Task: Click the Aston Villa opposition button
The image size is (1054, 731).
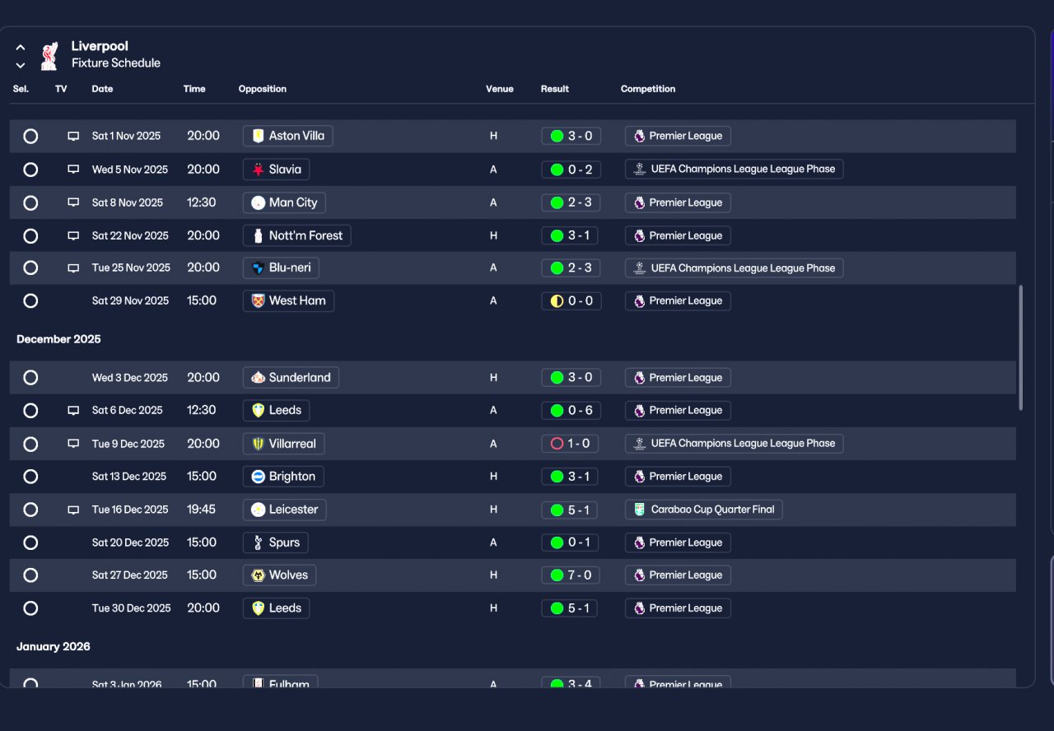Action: (287, 136)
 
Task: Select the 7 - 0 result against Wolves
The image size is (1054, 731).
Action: (571, 575)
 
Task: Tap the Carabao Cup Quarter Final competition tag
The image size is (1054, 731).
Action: (703, 510)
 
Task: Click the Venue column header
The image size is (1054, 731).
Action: (499, 89)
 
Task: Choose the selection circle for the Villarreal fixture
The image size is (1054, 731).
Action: (30, 444)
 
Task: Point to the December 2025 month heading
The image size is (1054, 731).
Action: (58, 339)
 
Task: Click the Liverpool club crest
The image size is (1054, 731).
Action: (49, 56)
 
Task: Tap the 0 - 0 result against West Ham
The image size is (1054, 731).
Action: (571, 301)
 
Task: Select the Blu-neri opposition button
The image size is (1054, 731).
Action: (281, 268)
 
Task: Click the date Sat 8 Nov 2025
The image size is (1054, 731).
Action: (127, 203)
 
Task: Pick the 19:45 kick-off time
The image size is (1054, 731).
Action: (201, 510)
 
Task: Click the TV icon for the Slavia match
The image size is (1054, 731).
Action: (73, 170)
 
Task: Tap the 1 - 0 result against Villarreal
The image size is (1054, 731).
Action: (570, 444)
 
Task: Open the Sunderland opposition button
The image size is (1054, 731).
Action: (291, 377)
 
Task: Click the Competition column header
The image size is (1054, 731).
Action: (647, 89)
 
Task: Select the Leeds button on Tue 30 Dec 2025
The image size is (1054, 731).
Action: (276, 608)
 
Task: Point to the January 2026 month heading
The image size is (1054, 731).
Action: (54, 646)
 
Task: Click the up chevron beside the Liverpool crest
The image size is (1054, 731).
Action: (21, 48)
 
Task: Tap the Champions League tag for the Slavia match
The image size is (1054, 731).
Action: (734, 169)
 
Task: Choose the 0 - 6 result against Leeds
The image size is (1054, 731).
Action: (571, 410)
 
